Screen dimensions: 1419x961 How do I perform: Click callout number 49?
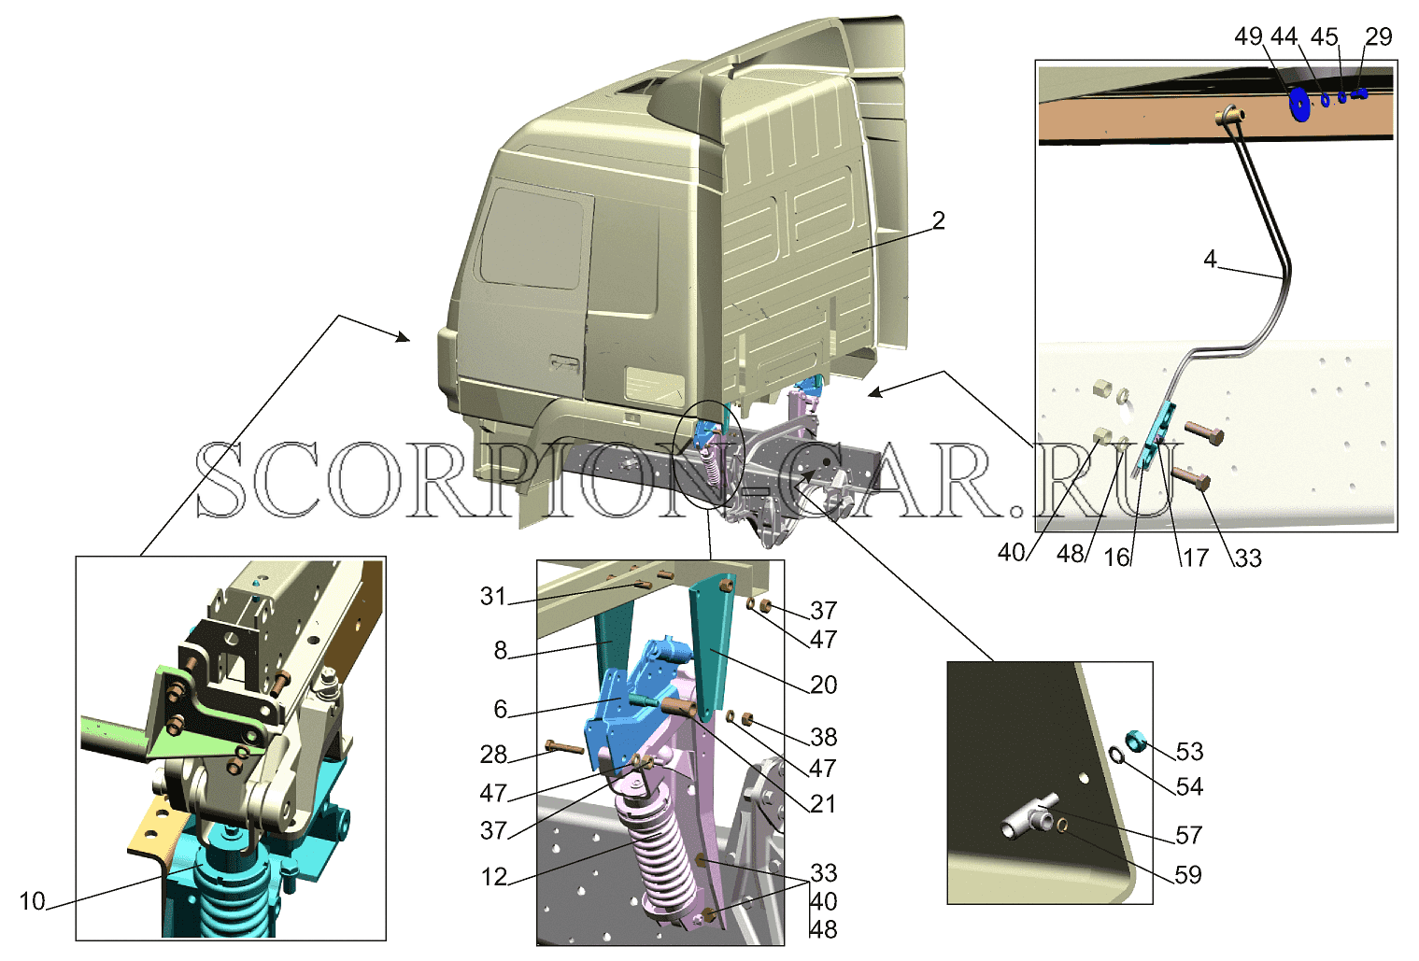point(1248,36)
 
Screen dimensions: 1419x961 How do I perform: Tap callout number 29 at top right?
point(1379,36)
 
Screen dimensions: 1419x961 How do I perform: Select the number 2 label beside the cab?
point(938,219)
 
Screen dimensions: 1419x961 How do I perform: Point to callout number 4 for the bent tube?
point(1210,259)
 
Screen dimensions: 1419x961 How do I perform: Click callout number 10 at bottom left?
point(33,901)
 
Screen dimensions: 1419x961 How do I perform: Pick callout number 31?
point(493,596)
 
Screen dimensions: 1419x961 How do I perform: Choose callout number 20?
point(824,685)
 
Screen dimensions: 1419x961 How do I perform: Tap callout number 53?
point(1189,751)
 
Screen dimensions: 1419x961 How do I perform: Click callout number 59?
point(1187,875)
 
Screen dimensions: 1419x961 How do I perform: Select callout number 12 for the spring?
point(494,877)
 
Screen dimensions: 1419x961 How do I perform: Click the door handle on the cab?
point(564,363)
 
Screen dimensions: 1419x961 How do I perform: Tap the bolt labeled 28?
point(564,747)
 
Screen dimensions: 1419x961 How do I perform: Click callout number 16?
point(1116,558)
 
